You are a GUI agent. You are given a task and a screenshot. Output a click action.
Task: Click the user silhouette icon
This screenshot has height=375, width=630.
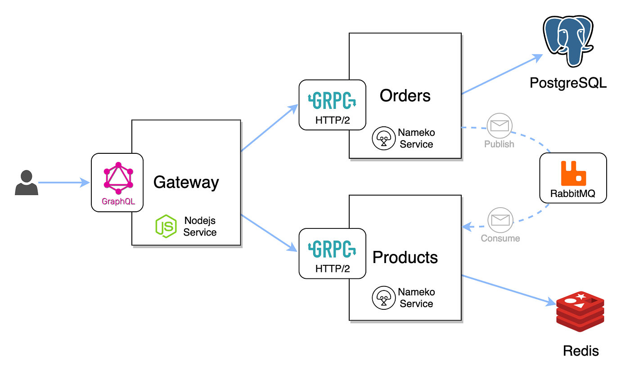pos(26,183)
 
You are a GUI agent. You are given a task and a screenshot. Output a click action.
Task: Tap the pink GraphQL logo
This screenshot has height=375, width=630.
pos(118,178)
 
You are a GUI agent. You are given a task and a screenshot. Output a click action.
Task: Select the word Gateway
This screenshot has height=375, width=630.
pos(186,182)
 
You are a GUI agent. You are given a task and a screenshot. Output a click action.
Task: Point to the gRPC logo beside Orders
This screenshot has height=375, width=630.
pos(332,101)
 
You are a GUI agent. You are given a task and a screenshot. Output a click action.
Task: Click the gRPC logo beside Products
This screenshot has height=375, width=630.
pos(332,249)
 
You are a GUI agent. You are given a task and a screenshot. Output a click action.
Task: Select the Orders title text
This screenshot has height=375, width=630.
pos(405,95)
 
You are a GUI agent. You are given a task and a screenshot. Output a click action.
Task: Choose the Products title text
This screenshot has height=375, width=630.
pos(405,257)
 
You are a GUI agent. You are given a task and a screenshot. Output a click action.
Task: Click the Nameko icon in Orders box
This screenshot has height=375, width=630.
pos(383,138)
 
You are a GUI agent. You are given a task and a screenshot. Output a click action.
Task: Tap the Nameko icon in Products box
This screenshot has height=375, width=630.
pos(383,298)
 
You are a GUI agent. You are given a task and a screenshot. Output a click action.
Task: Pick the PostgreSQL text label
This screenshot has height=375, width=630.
pos(568,83)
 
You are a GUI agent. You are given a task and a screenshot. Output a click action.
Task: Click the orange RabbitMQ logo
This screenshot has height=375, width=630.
pos(573,174)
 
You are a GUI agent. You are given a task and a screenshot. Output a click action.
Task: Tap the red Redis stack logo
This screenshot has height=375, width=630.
pos(580,311)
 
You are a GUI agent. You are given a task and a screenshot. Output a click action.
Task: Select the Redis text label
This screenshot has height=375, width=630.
pos(580,351)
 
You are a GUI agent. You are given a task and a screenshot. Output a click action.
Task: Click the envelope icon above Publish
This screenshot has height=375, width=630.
pos(499,126)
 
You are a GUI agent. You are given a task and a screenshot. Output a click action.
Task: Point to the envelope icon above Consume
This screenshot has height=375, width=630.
pos(500,220)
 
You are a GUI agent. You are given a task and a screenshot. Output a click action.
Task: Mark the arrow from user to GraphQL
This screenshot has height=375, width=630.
pos(63,183)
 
